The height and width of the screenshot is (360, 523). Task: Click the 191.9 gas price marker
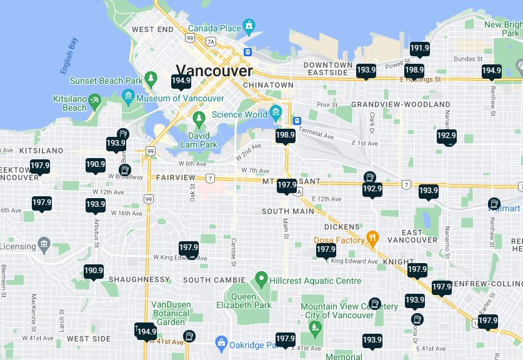[x=419, y=49]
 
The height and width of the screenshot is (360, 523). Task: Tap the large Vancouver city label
[x=214, y=71]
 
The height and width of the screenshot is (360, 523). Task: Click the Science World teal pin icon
[x=276, y=114]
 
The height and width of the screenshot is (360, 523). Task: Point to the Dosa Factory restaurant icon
[x=373, y=239]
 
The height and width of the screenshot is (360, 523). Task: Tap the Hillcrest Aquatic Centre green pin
[x=261, y=278]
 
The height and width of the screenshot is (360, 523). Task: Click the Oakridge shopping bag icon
[x=221, y=342]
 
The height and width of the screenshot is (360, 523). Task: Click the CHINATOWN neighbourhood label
[x=268, y=85]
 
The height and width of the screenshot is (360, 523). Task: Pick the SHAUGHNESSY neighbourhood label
[x=139, y=279]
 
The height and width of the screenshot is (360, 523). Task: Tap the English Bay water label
[x=69, y=56]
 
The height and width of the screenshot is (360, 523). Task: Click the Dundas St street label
[x=466, y=59]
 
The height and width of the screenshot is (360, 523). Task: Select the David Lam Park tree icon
[x=199, y=118]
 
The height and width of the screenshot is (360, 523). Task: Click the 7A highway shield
[x=211, y=42]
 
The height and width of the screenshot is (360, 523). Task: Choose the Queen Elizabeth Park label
[x=244, y=301]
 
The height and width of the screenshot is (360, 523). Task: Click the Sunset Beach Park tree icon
[x=151, y=79]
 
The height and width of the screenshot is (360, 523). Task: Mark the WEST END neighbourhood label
[x=152, y=29]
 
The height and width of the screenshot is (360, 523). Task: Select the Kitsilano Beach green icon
[x=94, y=100]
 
